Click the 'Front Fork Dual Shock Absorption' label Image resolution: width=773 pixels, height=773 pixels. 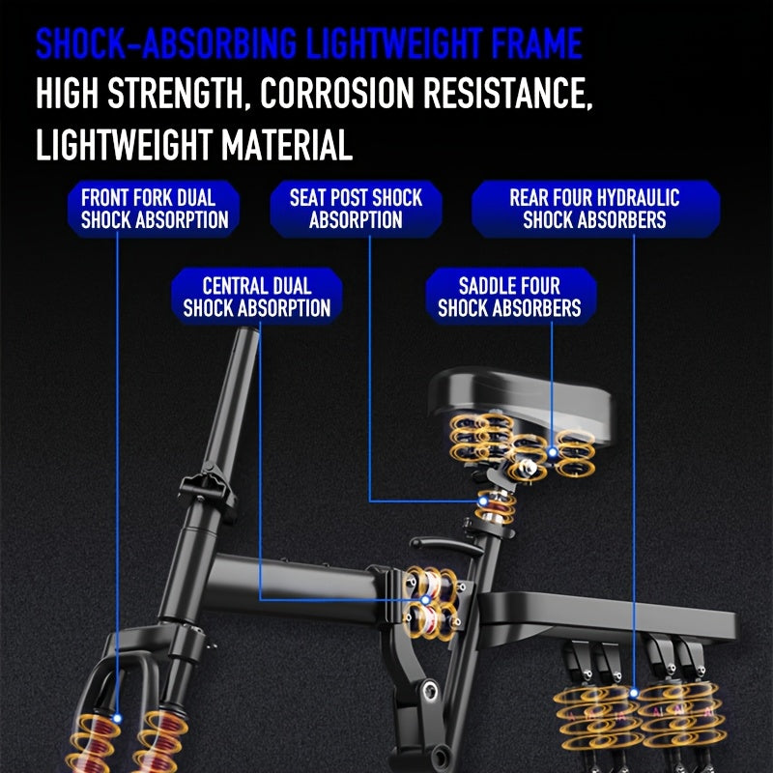point(154,209)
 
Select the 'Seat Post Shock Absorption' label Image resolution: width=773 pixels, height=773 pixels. point(356,209)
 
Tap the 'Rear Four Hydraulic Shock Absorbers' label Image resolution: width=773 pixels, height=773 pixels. point(595,209)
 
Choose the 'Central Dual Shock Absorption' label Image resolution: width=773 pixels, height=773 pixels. point(257,297)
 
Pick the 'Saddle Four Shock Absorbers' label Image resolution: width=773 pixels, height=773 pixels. point(511,297)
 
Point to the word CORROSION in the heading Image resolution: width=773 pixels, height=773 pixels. point(336,93)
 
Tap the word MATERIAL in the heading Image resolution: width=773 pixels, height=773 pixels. point(286,145)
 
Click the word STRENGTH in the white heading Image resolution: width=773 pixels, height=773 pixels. point(176,93)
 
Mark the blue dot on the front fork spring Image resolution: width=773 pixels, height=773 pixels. point(117,718)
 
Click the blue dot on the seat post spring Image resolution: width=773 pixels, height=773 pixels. point(483,501)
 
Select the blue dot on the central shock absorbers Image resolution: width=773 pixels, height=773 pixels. point(425,600)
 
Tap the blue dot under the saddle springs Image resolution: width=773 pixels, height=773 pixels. point(552,452)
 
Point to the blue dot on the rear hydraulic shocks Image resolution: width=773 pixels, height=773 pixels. point(634,693)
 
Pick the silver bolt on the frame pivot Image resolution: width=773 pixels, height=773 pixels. point(430,691)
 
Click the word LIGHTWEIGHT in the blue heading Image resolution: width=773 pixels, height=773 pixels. point(394,43)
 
